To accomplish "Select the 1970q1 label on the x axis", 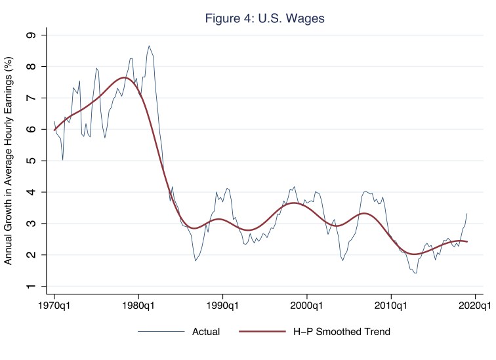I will tap(54, 306).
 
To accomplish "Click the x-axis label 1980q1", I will tap(138, 306).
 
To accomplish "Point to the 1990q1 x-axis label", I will tap(222, 306).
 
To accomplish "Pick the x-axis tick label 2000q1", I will tap(307, 306).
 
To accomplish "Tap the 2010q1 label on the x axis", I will tap(391, 306).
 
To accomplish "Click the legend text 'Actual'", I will tap(205, 332).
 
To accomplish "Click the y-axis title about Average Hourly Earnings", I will tap(9, 161).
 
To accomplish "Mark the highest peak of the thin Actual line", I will tap(150, 46).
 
